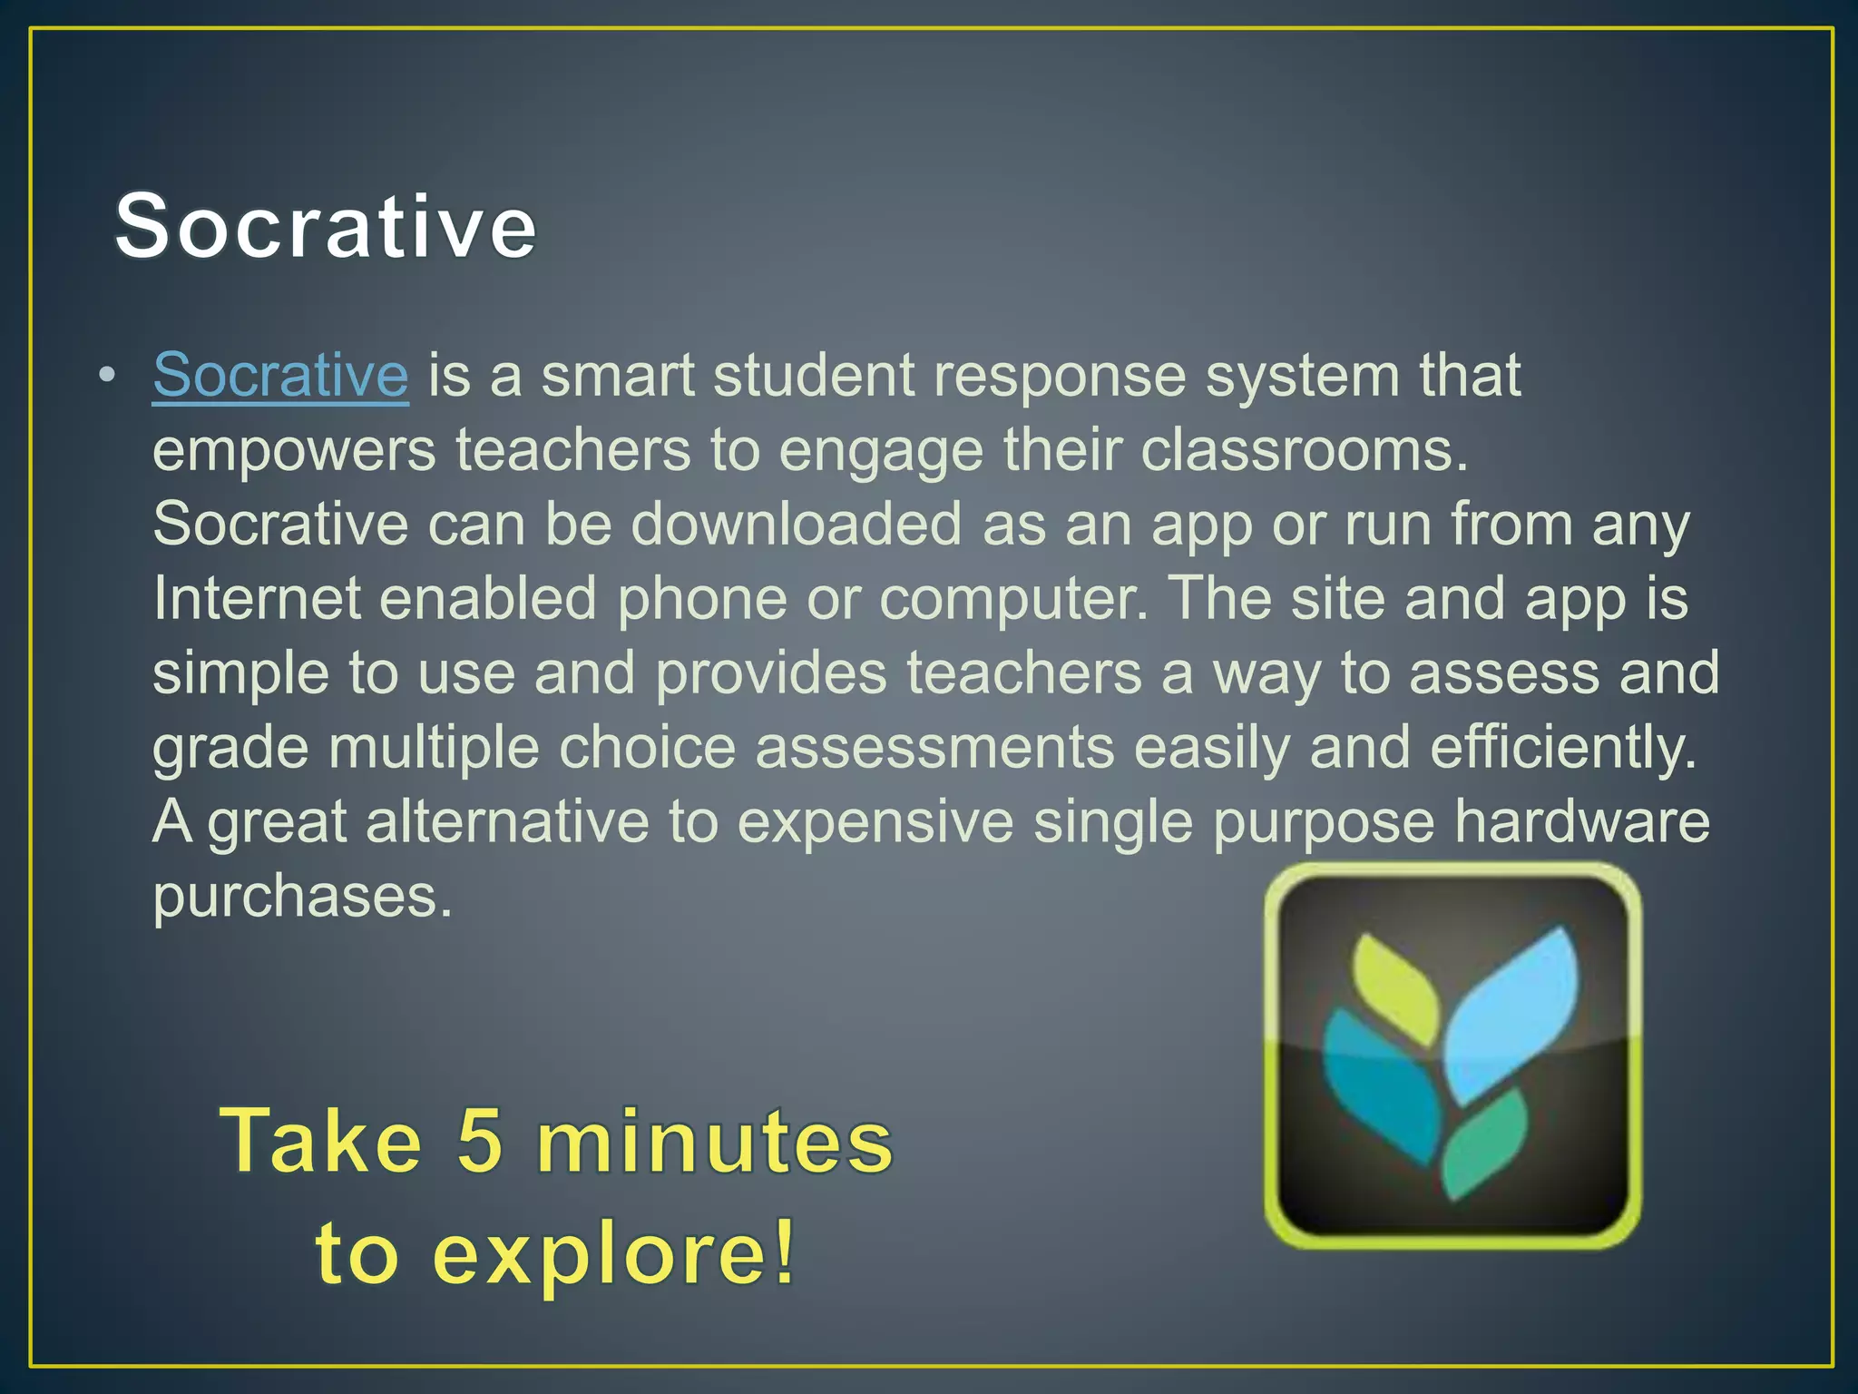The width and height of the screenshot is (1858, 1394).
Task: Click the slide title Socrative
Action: tap(325, 226)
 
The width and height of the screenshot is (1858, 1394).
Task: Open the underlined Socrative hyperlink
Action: tap(280, 375)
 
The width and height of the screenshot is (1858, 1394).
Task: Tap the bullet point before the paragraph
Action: tap(107, 375)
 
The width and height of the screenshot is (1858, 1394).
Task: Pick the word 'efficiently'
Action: tap(1562, 748)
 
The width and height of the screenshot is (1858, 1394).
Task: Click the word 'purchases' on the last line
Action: tap(301, 897)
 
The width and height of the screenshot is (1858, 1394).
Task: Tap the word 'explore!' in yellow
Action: tap(613, 1254)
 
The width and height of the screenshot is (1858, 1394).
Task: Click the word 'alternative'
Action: tap(507, 821)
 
